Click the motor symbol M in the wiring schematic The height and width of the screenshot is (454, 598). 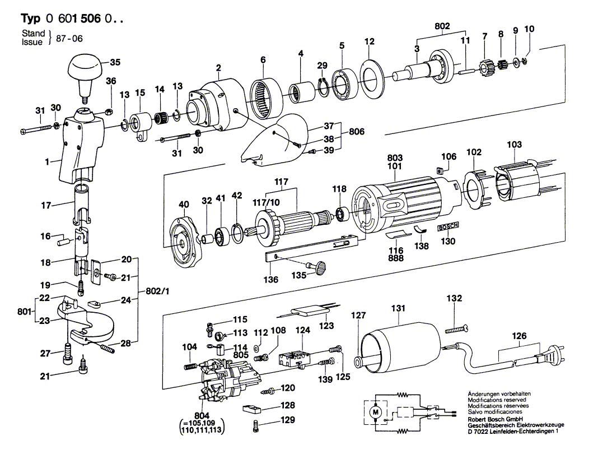(375, 413)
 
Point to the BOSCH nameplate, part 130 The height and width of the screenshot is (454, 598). (447, 227)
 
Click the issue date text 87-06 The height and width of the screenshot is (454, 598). (69, 38)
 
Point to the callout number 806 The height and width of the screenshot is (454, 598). (356, 132)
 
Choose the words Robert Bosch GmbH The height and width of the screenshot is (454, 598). (493, 419)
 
